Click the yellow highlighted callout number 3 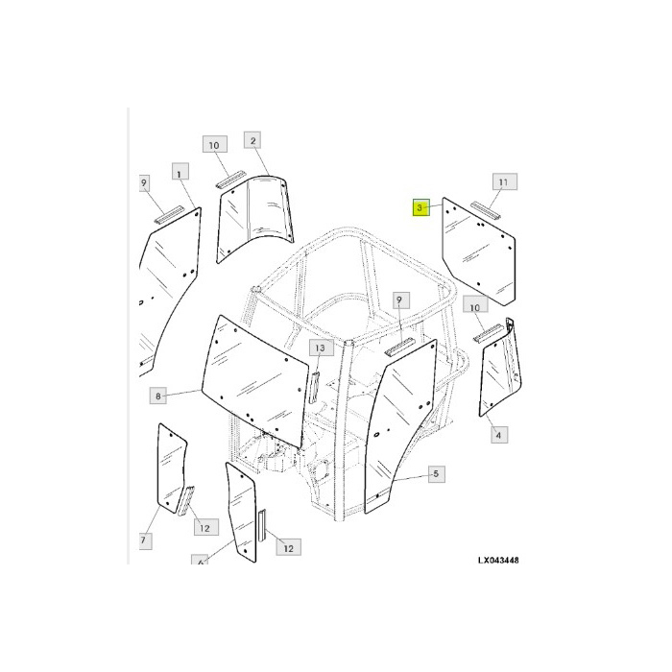(420, 207)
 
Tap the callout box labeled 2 (253, 141)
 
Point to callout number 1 (178, 172)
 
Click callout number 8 (159, 395)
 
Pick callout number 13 (320, 347)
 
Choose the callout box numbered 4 (498, 436)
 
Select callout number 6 (200, 563)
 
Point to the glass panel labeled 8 (257, 379)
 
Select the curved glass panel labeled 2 (254, 217)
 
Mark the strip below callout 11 (487, 207)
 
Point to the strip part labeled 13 (312, 384)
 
